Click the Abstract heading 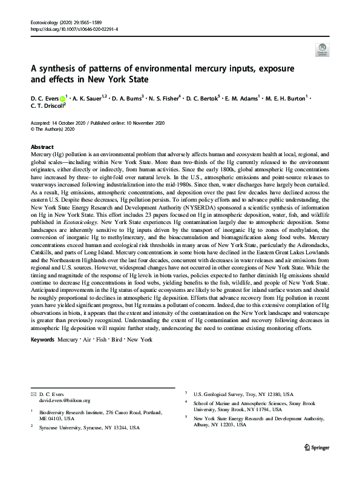pyautogui.click(x=42, y=147)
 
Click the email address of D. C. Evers pyautogui.click(x=65, y=400)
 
